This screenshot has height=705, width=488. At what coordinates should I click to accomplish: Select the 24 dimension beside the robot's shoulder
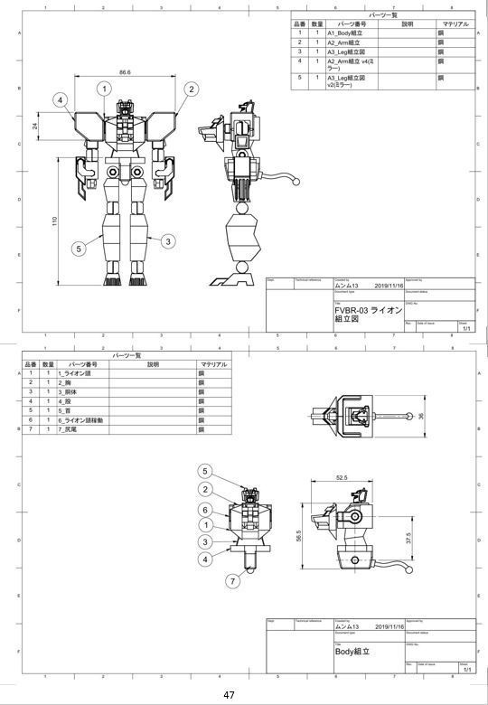point(35,126)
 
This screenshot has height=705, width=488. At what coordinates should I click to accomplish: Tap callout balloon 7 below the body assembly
point(232,580)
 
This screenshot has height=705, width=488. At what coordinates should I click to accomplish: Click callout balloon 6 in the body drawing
point(206,510)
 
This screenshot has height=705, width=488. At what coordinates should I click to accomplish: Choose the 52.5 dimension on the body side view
point(341,478)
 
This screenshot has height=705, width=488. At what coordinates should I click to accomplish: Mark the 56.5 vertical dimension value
point(299,535)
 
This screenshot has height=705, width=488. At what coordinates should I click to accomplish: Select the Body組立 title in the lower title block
point(352,651)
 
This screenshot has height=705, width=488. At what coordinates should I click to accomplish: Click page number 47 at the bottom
point(229,695)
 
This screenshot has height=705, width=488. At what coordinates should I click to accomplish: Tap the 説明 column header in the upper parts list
point(407,23)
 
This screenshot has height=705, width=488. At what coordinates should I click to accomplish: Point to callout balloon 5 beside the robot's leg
point(79,248)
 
